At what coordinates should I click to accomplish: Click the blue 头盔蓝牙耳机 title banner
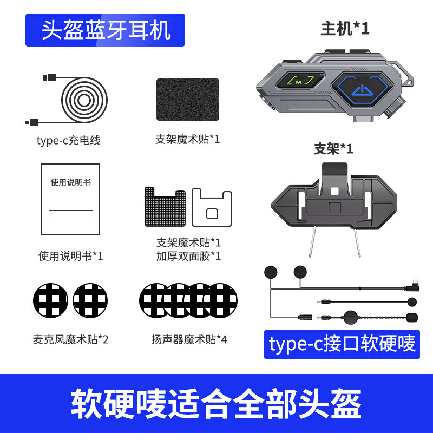click(x=105, y=30)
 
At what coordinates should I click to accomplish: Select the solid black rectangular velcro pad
click(x=188, y=100)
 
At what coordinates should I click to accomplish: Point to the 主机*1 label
click(x=345, y=29)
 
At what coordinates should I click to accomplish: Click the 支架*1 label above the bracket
click(x=333, y=149)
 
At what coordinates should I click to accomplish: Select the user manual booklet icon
click(x=70, y=199)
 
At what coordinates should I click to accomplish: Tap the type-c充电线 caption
click(x=68, y=141)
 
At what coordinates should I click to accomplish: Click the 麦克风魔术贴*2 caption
click(x=71, y=339)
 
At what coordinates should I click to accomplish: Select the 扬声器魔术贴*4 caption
click(x=189, y=339)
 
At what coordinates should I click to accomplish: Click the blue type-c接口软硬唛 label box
click(x=342, y=344)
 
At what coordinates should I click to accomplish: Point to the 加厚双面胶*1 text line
click(x=188, y=256)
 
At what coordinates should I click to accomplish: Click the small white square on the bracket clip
click(x=334, y=191)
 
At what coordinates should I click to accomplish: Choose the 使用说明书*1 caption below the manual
click(x=71, y=256)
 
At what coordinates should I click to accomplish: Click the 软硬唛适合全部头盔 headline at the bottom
click(x=216, y=404)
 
